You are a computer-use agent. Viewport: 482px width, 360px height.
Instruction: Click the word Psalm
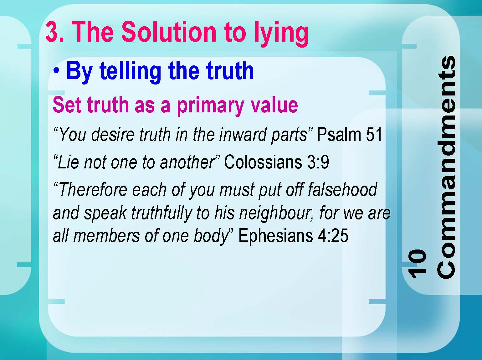pos(339,134)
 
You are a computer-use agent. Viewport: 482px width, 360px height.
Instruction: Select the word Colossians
pos(263,162)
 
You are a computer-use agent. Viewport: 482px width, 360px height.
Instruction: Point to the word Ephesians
pos(275,236)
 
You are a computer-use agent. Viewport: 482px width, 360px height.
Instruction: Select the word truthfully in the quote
pos(162,213)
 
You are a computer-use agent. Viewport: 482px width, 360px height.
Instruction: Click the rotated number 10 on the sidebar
pos(417,263)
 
